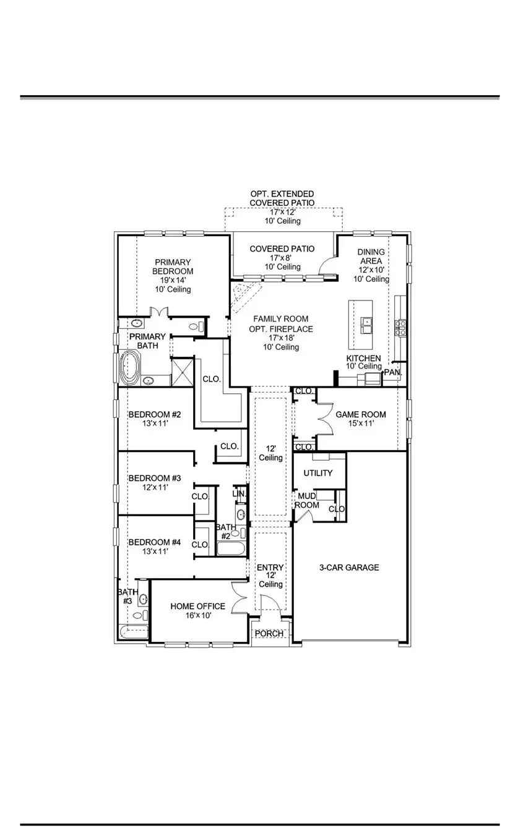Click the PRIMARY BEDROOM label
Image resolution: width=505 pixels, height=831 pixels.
coord(174,266)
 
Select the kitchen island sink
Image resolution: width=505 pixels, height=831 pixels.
coord(366,322)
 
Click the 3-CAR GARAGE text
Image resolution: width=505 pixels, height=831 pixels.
coord(349,567)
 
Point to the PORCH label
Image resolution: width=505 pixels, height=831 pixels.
coord(269,634)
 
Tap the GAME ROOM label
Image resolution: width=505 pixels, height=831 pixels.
coord(361,414)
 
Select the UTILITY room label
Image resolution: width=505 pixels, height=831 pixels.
coord(318,473)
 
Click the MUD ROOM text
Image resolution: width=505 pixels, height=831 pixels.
coord(308,500)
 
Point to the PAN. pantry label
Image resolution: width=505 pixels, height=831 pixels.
coord(393,372)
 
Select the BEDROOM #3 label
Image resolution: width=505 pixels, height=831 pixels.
coord(154,478)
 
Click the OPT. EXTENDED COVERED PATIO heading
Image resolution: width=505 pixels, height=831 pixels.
coord(282,198)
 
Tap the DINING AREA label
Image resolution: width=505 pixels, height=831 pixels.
coord(371,257)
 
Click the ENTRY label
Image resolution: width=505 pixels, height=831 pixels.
coord(270,568)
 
